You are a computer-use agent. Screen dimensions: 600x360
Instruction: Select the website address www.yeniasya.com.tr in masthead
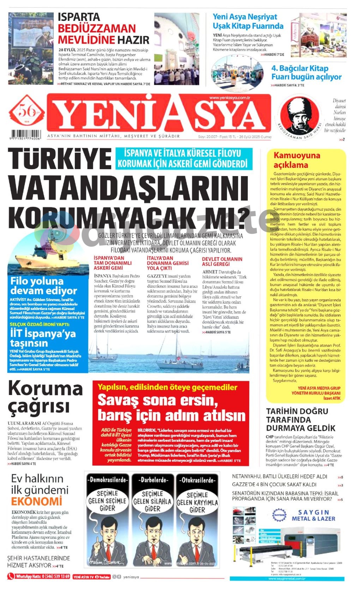(x=229, y=98)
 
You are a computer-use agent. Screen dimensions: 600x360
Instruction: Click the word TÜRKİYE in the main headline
(x=59, y=158)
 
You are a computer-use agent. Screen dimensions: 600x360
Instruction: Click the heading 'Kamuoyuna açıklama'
(x=297, y=160)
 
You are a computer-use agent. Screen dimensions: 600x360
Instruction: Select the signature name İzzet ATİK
(x=332, y=398)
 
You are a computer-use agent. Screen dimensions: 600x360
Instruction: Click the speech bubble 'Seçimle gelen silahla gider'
(x=152, y=501)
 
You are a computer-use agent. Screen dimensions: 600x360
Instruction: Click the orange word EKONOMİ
(x=36, y=501)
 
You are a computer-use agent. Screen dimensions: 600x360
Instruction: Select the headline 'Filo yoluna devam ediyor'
(x=43, y=286)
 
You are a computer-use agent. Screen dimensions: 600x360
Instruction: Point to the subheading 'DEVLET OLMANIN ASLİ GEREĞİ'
(x=222, y=262)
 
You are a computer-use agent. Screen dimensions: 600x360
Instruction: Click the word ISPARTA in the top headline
(x=79, y=17)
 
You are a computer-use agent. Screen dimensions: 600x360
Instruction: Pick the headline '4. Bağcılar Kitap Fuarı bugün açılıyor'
(x=306, y=73)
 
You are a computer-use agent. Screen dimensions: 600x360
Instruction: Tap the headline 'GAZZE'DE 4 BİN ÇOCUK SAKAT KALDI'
(x=274, y=485)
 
